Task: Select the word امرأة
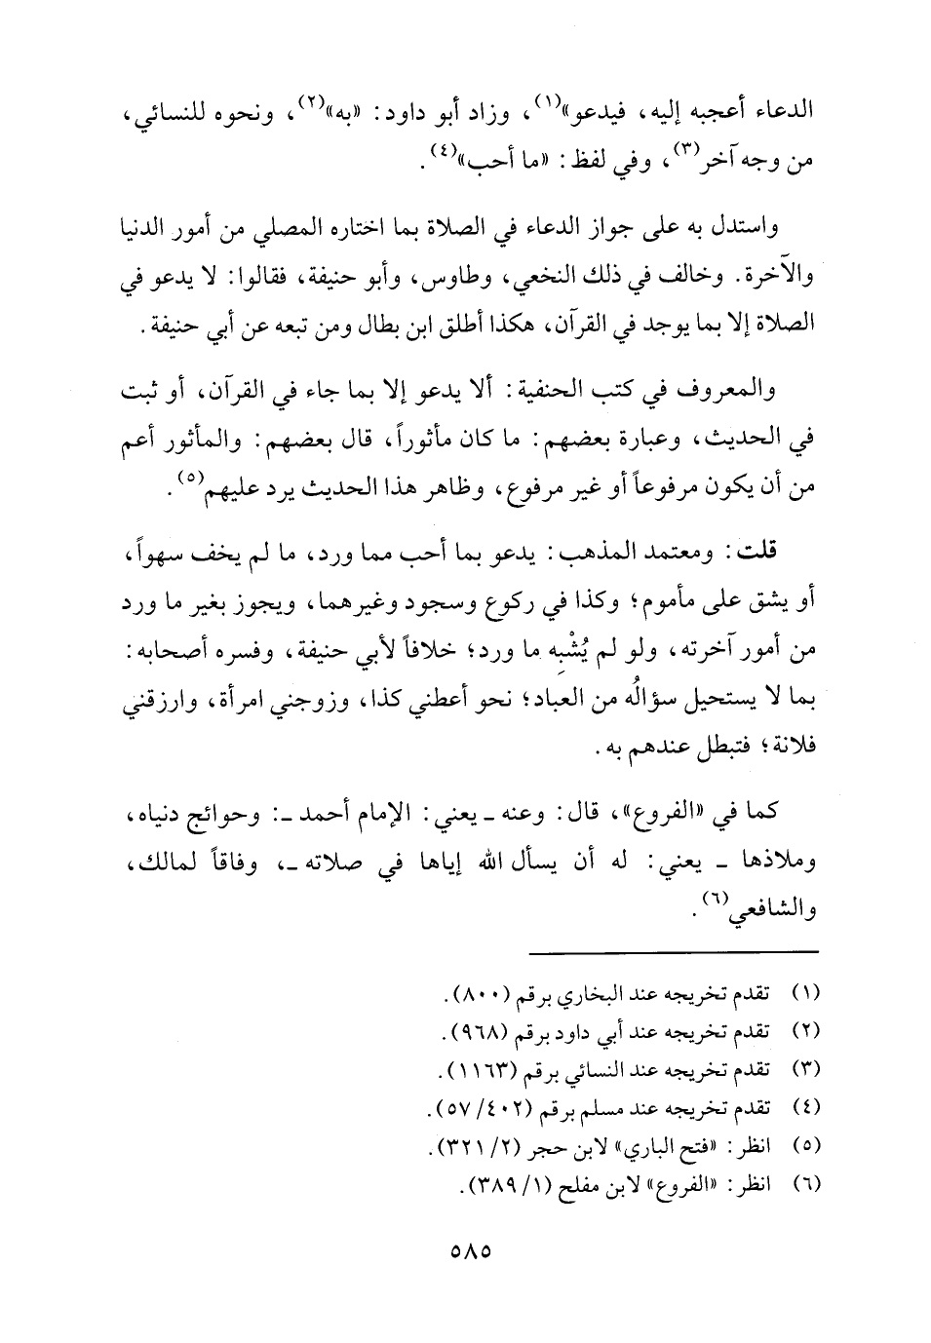pyautogui.click(x=562, y=687)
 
